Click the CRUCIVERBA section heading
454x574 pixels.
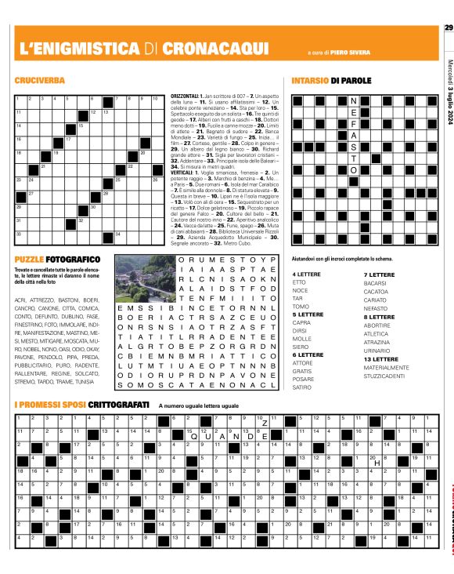[x=40, y=81]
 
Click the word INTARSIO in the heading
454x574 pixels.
[x=309, y=81]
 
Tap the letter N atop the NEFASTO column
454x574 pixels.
[x=353, y=102]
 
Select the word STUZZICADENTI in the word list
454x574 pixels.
[x=383, y=376]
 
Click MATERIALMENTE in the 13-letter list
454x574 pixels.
[x=386, y=367]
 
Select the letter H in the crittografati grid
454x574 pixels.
[x=377, y=462]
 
